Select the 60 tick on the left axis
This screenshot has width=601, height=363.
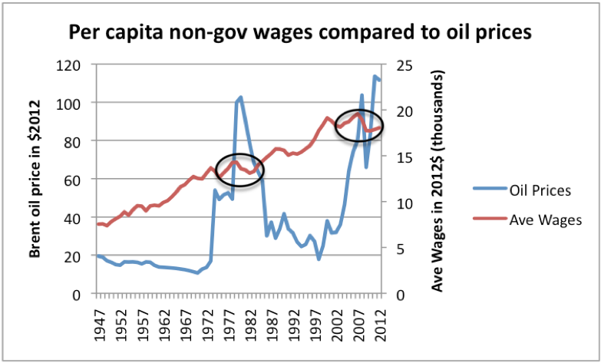tap(73, 180)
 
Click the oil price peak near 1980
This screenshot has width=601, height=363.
tap(241, 97)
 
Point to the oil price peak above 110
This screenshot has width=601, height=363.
tap(375, 77)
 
